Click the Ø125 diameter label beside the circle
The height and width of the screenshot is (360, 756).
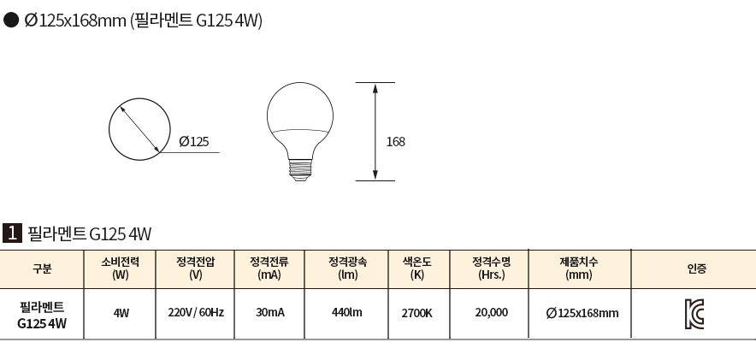point(194,142)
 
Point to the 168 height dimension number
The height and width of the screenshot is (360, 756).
point(396,142)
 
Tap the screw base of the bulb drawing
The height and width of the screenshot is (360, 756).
point(299,171)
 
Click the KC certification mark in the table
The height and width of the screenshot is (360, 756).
point(694,314)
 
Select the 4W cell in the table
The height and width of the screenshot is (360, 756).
point(121,313)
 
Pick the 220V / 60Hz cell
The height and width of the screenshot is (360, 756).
point(196,313)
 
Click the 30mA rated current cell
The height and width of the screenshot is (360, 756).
point(270,313)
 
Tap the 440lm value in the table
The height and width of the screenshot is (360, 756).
point(346,313)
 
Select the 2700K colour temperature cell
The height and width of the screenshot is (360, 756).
point(417,313)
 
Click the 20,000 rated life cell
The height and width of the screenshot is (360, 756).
point(491,313)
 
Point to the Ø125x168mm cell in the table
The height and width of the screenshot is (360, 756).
point(582,313)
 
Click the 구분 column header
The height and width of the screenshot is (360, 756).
point(42,269)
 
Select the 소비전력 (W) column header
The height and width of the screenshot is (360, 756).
point(121,269)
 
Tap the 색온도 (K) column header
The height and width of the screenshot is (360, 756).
point(417,269)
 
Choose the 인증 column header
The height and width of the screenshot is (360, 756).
point(697,269)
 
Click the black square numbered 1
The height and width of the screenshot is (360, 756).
point(12,233)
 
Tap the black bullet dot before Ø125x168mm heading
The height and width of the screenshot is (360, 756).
point(11,20)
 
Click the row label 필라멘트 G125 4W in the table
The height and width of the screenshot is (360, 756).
point(42,316)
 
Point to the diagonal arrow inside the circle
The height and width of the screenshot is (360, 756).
point(139,129)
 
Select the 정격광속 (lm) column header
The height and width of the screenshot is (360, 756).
point(347,269)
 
